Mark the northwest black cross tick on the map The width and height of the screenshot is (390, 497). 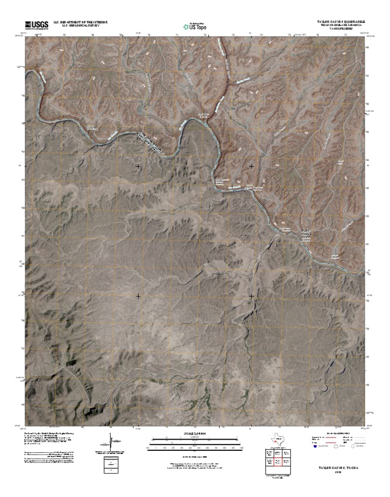pos(138,166)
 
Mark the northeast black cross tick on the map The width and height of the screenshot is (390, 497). pos(251,166)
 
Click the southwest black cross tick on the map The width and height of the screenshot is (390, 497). pos(138,295)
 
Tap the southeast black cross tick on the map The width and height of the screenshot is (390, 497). pos(251,295)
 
